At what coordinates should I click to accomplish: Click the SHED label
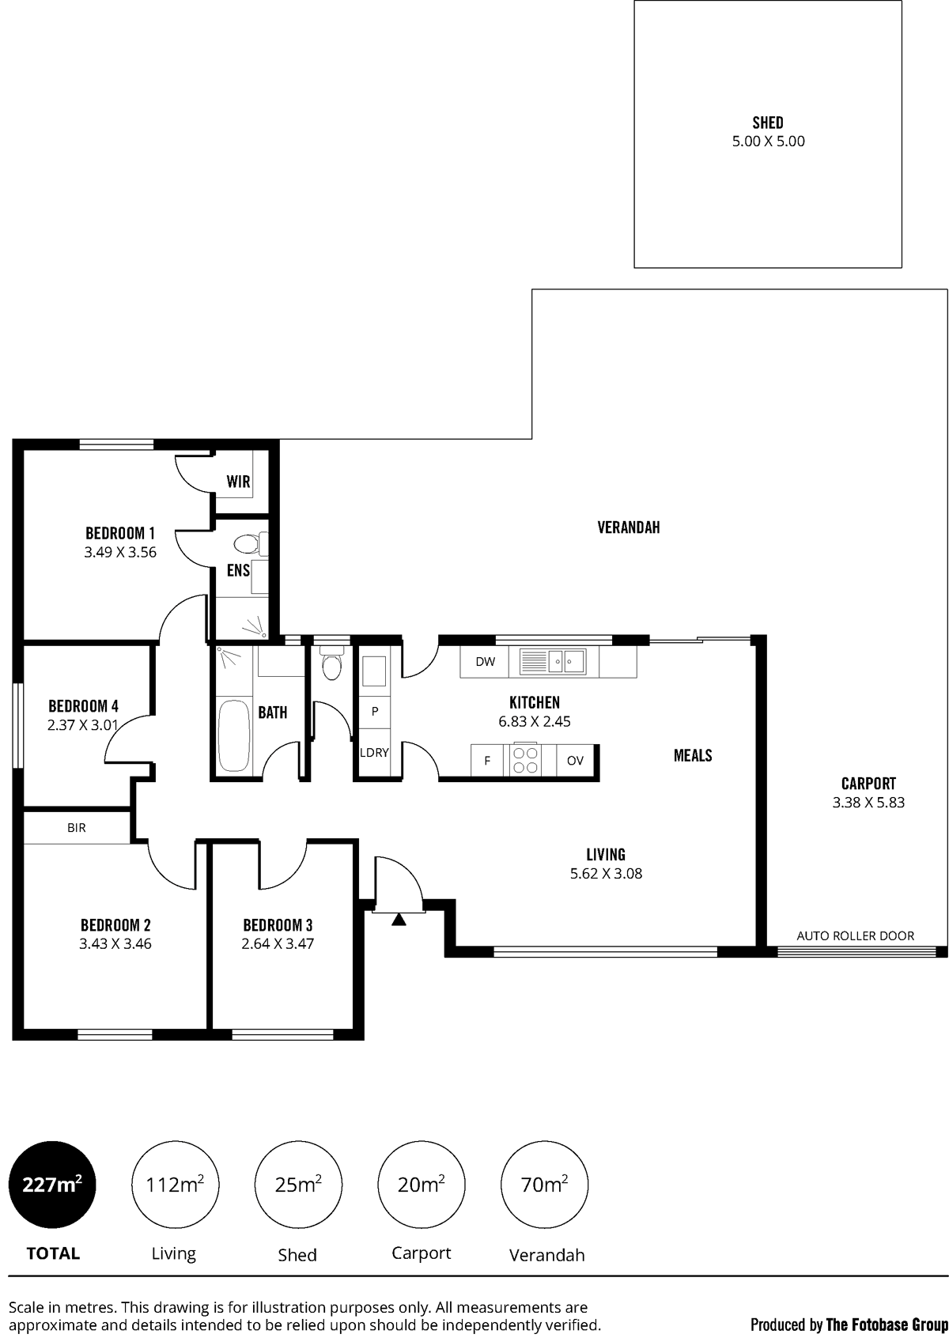(767, 123)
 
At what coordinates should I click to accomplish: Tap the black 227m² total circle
(52, 1183)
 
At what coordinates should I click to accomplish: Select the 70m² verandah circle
(544, 1183)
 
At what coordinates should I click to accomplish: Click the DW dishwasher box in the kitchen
(484, 662)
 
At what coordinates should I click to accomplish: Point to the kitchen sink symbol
(553, 662)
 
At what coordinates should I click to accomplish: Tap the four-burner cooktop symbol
(525, 761)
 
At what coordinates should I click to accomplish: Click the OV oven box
(575, 761)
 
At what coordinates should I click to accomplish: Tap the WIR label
(238, 482)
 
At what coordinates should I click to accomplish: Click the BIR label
(77, 828)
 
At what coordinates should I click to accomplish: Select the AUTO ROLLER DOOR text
(855, 936)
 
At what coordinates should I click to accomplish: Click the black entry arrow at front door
(399, 920)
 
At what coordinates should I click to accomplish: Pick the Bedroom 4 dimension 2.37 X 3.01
(83, 726)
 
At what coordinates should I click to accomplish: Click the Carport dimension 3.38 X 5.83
(868, 802)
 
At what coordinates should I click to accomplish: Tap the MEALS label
(693, 756)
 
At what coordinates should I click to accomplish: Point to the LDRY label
(375, 753)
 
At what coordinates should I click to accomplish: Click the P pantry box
(375, 712)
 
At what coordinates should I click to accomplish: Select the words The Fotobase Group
(887, 1325)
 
